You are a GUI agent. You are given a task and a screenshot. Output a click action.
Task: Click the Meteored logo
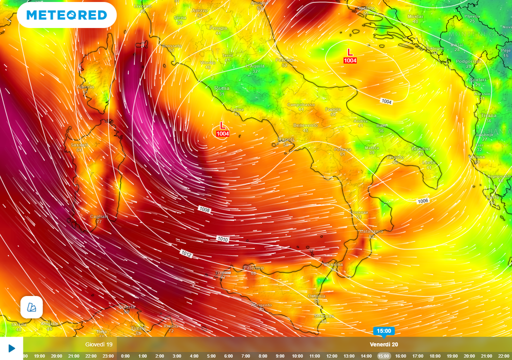tap(66, 15)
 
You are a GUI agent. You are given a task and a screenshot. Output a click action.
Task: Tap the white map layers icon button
tap(31, 307)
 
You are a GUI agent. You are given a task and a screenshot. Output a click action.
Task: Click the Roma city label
tap(221, 88)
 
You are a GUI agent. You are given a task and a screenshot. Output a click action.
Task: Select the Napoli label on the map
tap(285, 139)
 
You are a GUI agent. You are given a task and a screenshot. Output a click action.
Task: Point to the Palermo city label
tap(253, 268)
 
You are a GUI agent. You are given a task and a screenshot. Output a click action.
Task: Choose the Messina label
tap(333, 264)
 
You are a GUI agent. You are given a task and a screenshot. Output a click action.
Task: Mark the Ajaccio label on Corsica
tap(85, 87)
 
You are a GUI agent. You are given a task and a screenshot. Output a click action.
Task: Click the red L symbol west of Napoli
tap(222, 125)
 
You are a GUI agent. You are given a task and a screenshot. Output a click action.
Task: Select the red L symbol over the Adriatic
tap(350, 52)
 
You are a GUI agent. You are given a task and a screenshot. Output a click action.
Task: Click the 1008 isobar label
tap(204, 209)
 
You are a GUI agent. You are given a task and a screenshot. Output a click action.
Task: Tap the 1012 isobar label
tap(186, 254)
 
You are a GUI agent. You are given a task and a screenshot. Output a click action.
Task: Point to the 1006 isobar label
tap(422, 201)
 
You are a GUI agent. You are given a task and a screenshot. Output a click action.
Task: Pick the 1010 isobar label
tap(223, 239)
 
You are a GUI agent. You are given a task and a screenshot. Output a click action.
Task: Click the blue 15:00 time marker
tap(384, 331)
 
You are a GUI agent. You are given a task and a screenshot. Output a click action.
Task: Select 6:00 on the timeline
tap(228, 356)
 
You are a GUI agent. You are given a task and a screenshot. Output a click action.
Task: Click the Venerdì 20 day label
tap(384, 344)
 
